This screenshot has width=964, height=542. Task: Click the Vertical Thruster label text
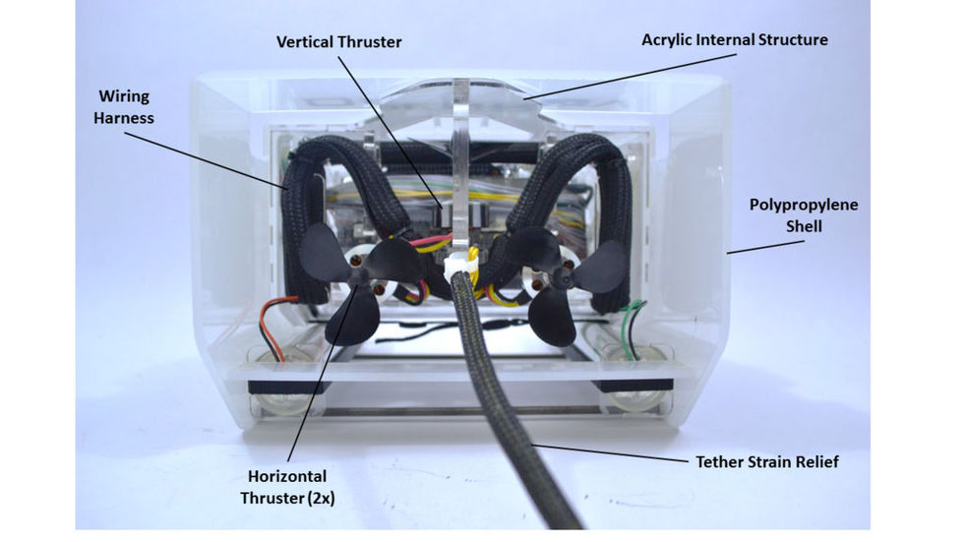(x=339, y=42)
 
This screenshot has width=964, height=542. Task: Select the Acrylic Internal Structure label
(x=735, y=40)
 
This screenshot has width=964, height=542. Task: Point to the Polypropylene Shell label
(x=804, y=215)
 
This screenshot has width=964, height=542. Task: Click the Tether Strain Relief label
(x=767, y=460)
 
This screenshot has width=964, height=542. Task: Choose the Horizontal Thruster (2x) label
(x=287, y=487)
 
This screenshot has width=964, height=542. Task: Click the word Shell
(x=803, y=226)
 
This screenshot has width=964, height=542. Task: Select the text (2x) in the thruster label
(x=319, y=498)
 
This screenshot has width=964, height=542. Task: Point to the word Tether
(x=719, y=460)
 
